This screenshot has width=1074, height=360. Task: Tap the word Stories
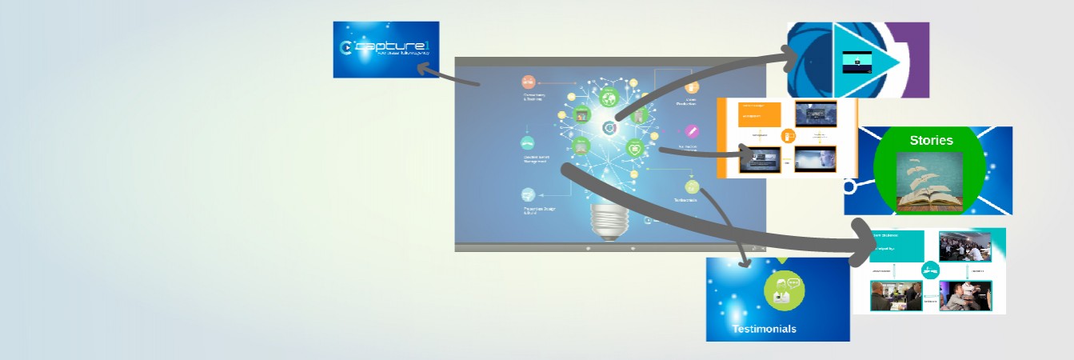pyautogui.click(x=931, y=141)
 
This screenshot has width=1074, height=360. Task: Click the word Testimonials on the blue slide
pyautogui.click(x=764, y=329)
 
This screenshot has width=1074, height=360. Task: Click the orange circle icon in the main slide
pyautogui.click(x=528, y=82)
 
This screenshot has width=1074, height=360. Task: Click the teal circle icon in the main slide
pyautogui.click(x=528, y=143)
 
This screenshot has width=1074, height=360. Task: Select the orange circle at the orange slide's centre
pyautogui.click(x=788, y=136)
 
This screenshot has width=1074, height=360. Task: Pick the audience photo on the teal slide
pyautogui.click(x=964, y=246)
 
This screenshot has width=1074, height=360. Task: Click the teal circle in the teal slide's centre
pyautogui.click(x=930, y=270)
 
